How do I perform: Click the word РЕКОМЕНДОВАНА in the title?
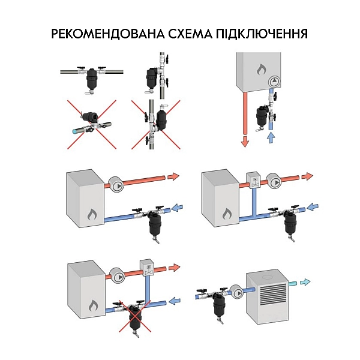[105, 33]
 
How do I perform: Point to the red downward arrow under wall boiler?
[245, 142]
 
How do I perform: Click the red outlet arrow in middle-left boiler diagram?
[173, 177]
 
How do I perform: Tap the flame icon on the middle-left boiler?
[92, 212]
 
